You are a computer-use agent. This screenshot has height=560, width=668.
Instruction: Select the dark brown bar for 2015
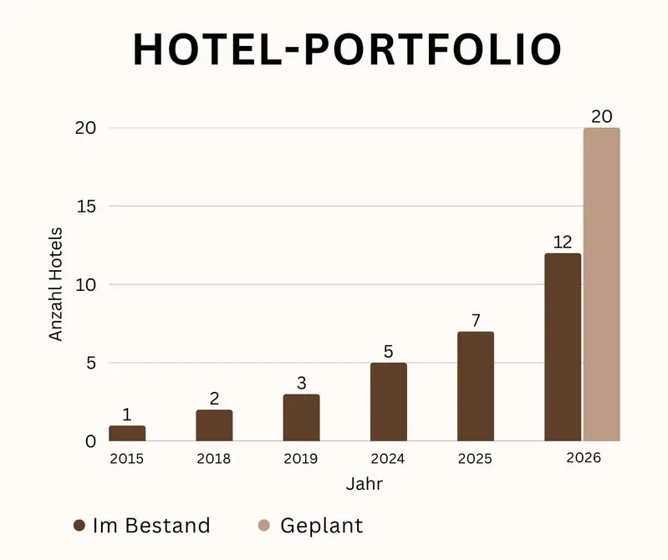[x=127, y=434]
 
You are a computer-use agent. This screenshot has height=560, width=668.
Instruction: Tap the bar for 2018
[x=214, y=425]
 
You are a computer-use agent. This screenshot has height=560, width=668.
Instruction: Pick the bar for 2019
[x=301, y=418]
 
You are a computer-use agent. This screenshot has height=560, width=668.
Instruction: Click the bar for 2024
[x=388, y=402]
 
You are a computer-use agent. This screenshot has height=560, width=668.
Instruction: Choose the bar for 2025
[x=476, y=386]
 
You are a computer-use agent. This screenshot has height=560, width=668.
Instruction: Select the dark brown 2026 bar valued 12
[x=563, y=347]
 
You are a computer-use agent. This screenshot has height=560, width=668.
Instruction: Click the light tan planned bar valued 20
[x=601, y=284]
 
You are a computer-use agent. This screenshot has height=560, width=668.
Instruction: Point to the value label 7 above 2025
[x=476, y=320]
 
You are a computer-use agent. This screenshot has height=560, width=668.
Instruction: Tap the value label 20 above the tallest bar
[x=601, y=116]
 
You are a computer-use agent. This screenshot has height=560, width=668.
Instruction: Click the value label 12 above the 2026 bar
[x=563, y=242]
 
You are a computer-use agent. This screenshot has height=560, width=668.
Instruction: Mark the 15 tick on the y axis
[x=87, y=206]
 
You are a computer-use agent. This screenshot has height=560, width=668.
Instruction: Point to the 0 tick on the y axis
[x=90, y=441]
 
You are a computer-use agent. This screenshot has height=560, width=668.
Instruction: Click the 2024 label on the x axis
[x=388, y=459]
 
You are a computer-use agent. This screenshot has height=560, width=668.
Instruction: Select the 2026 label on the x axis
[x=583, y=458]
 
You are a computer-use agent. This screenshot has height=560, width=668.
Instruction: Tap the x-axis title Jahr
[x=365, y=484]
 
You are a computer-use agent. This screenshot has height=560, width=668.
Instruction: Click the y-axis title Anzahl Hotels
[x=56, y=284]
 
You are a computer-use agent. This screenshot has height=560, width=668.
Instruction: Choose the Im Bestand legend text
[x=151, y=526]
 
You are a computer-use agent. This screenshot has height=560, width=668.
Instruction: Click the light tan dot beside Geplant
[x=264, y=526]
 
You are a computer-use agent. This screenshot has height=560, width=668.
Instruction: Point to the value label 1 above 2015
[x=127, y=415]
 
